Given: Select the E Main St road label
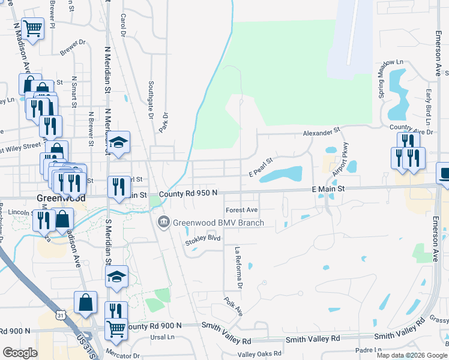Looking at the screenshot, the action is click(328, 188).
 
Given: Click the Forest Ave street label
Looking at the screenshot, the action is click(241, 210).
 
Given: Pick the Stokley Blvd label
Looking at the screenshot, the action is click(203, 238).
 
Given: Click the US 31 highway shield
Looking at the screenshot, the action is click(60, 315).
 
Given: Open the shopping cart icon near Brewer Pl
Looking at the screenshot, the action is click(32, 28).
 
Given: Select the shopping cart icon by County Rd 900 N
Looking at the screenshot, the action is click(116, 328).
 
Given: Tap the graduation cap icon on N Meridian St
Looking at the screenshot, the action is click(119, 142).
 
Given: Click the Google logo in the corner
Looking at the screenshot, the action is click(20, 353).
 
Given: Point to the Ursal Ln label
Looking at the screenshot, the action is click(162, 337).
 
